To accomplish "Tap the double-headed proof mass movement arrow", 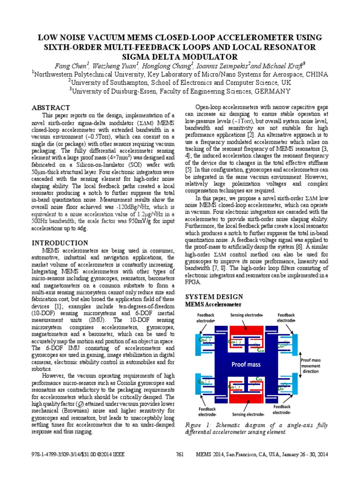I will (299, 364).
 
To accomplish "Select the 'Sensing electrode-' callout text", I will (248, 414).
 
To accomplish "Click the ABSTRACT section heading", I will (51, 107).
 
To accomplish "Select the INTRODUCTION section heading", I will (60, 243).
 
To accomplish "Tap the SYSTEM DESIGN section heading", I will (214, 297).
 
